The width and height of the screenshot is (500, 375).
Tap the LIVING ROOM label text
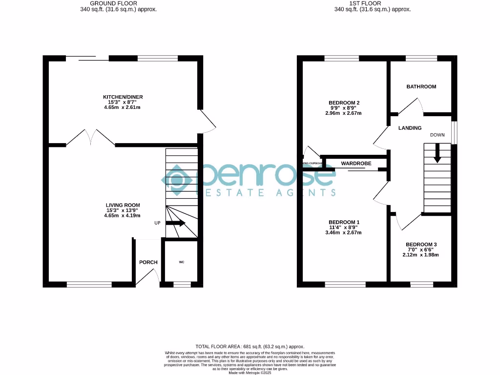coord(123,205)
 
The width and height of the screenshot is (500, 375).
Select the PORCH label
coord(148,262)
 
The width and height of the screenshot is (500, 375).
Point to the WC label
coord(182,262)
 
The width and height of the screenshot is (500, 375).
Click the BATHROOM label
coord(421,86)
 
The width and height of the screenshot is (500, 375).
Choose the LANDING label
coord(410,128)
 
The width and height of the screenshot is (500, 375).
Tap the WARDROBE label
coord(356,163)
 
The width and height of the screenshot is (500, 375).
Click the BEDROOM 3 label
coord(421,244)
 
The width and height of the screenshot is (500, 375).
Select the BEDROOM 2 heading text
coord(344,103)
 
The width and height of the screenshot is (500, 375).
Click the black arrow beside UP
coord(176,223)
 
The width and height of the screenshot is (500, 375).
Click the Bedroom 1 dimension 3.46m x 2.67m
coord(344,233)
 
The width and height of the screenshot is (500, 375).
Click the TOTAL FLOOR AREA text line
coord(250,346)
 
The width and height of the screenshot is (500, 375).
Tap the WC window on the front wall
coord(182,284)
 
